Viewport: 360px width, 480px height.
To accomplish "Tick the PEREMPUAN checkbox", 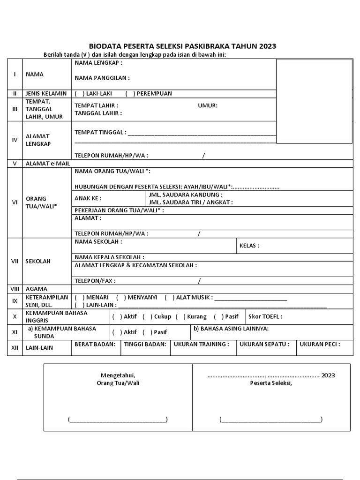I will coord(130,93).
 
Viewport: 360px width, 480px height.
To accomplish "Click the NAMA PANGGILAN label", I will coord(102,78).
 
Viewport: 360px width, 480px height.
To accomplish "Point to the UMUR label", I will coord(208,105).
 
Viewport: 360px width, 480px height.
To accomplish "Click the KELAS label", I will coord(249,245).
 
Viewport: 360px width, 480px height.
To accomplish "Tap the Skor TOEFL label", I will coord(265,317).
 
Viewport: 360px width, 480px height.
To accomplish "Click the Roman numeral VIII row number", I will coord(14,289).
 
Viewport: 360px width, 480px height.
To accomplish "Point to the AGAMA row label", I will coord(37,289).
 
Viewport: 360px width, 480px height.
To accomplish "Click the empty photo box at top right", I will coord(314,100).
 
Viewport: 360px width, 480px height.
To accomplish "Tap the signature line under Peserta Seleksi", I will coord(270,420).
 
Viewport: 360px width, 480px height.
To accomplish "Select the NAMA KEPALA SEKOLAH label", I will coord(109,257).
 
